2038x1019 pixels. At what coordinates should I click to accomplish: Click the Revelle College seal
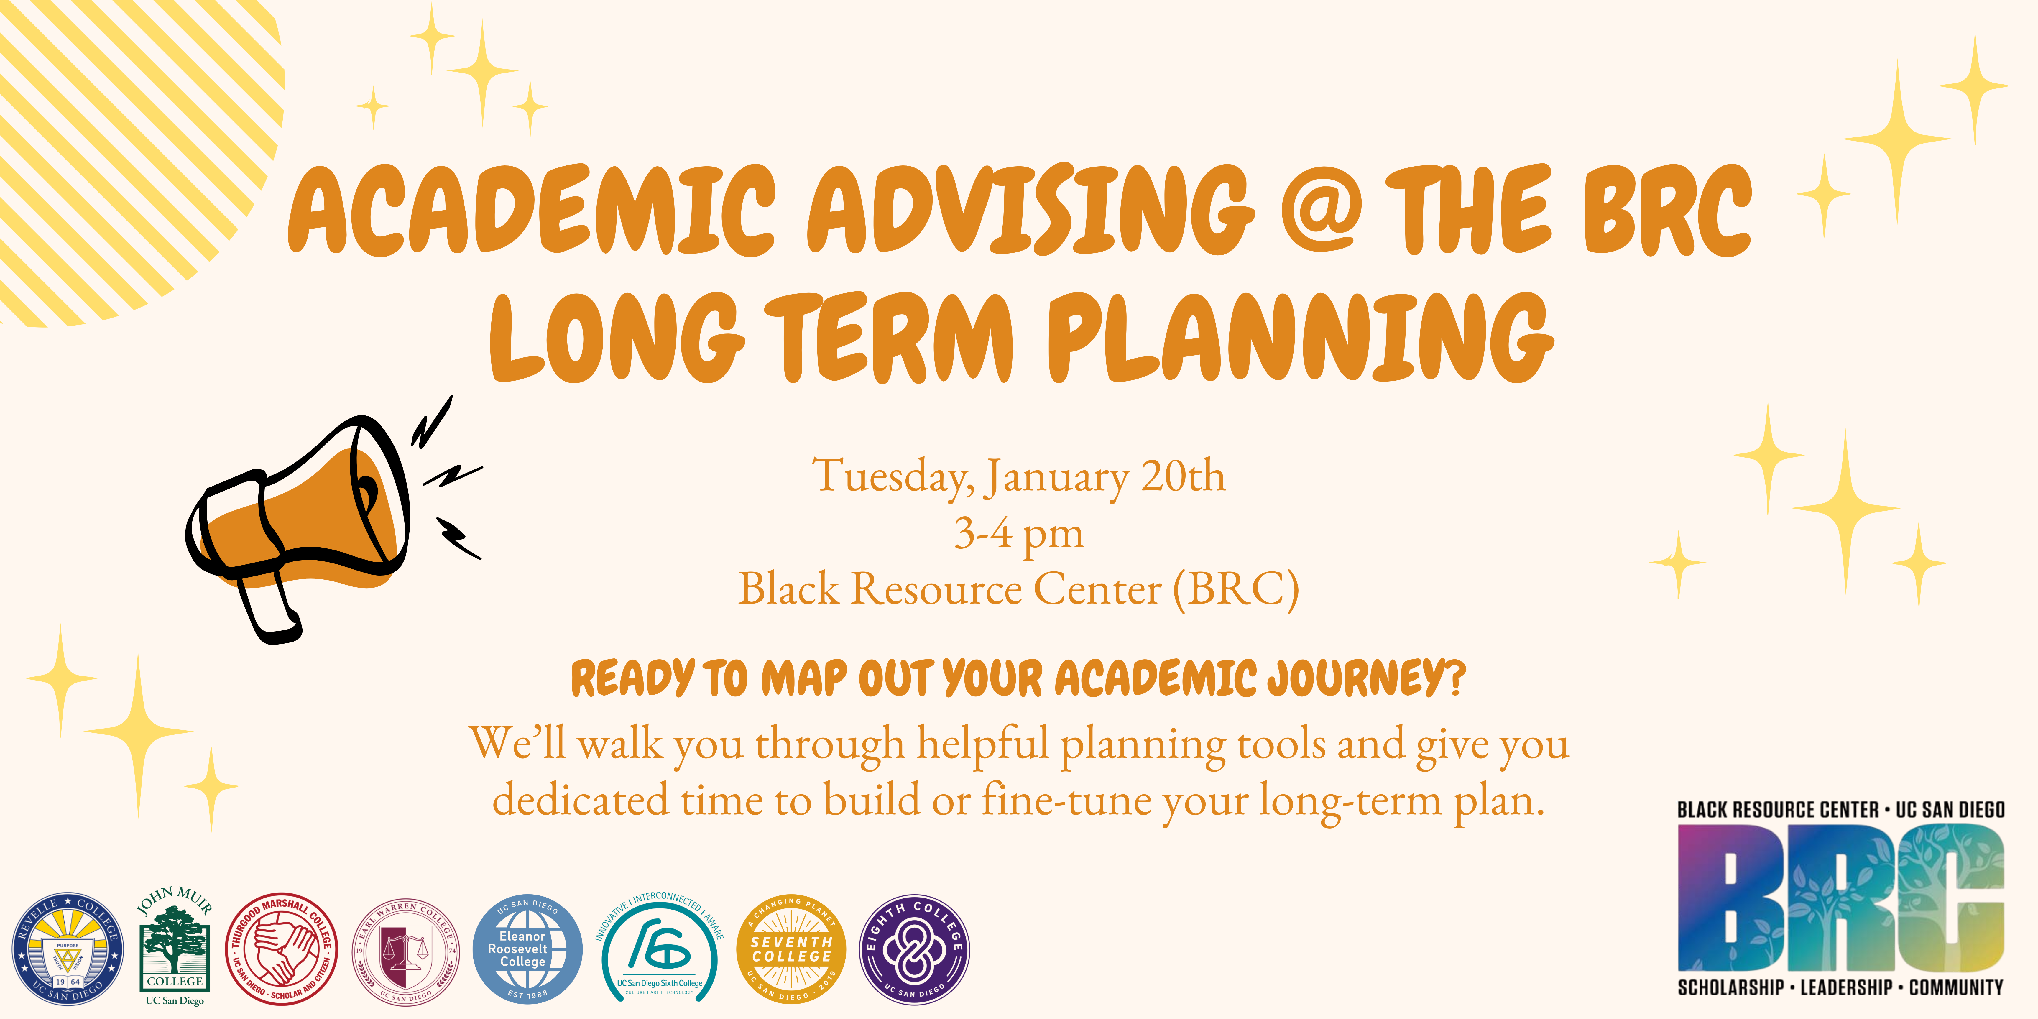tap(67, 949)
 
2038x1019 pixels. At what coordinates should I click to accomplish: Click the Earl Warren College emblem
tap(406, 949)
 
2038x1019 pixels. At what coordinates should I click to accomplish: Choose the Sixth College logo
tap(659, 949)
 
